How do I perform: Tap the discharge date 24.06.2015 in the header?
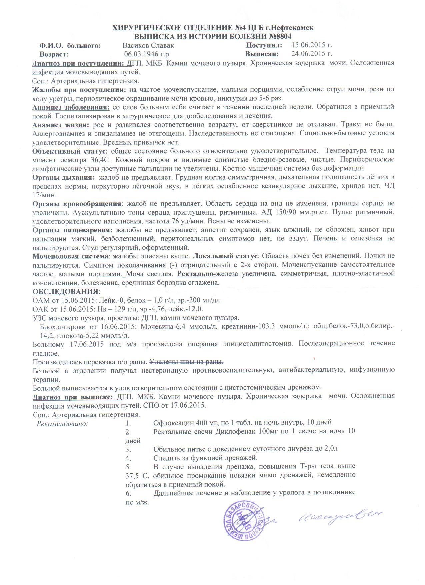coord(312,54)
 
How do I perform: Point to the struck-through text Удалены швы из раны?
coord(186,362)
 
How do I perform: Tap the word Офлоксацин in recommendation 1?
coord(173,423)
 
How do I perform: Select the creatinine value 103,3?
coord(263,326)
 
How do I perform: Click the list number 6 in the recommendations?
coord(128,492)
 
